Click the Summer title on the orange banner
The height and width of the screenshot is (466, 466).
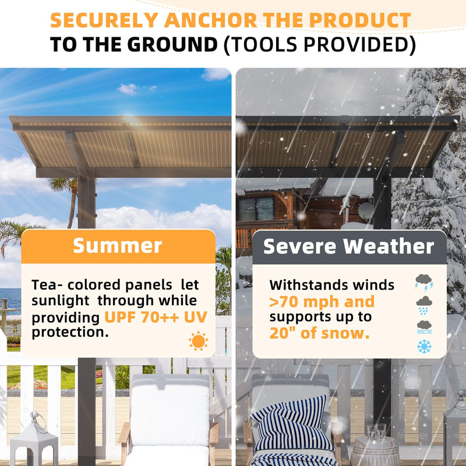118,246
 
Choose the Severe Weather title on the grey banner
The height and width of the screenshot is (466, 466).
349,246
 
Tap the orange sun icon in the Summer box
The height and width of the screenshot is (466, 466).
198,341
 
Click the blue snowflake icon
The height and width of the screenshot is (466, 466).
424,346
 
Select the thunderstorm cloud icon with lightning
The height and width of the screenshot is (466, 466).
423,283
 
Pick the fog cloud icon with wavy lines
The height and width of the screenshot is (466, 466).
424,326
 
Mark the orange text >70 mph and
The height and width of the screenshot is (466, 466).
322,302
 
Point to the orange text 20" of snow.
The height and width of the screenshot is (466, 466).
319,334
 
